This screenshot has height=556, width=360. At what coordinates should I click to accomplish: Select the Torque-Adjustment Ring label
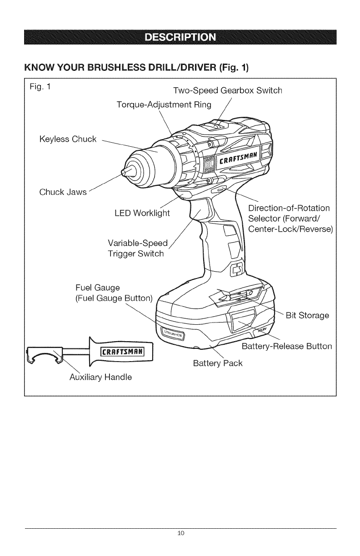[x=164, y=105]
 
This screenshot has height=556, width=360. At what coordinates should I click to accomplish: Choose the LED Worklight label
[x=142, y=213]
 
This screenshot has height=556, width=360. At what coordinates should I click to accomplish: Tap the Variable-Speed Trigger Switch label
[x=135, y=248]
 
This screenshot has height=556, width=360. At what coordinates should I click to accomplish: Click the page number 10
[x=180, y=533]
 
